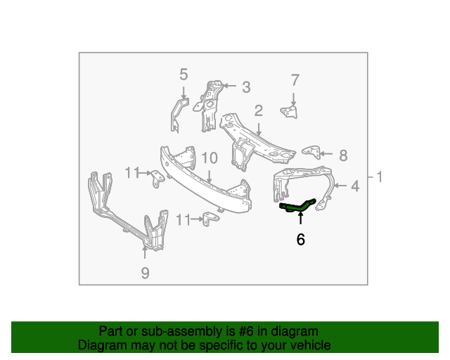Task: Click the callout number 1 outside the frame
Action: [380, 177]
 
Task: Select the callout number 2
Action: [259, 110]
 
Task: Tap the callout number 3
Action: [246, 87]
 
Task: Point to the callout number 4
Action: [354, 186]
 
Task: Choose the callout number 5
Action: [184, 74]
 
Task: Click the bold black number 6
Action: [301, 240]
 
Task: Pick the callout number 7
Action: [295, 79]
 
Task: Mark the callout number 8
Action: [343, 155]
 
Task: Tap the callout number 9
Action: [145, 274]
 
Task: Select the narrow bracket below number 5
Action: [179, 115]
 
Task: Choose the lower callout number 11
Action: [184, 220]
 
